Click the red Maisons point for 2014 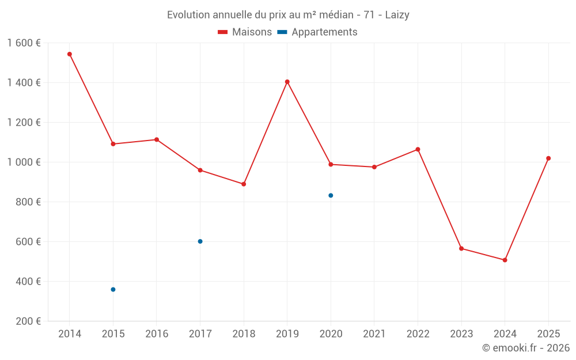[x=70, y=54]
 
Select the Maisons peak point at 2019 [x=287, y=82]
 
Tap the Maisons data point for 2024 [x=505, y=260]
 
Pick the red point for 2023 [x=461, y=248]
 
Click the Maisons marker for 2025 [x=548, y=158]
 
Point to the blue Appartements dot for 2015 [x=113, y=289]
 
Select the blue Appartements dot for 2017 [x=200, y=241]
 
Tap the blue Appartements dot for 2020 [x=331, y=195]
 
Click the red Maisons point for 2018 [x=244, y=184]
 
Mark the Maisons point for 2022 [x=418, y=149]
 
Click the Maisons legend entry [x=245, y=32]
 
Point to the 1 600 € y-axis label [x=24, y=43]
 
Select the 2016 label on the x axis [x=157, y=334]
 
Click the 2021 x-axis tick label [x=374, y=334]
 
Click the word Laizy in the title [x=397, y=15]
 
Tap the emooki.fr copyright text [x=525, y=348]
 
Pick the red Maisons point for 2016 [x=157, y=139]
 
